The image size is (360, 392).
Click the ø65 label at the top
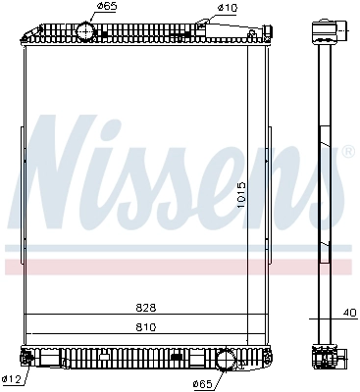107,6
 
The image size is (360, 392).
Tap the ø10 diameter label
228,8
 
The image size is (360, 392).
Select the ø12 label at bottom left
11,379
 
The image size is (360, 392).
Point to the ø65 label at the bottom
202,384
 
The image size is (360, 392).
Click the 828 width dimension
146,308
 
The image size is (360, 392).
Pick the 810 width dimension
146,326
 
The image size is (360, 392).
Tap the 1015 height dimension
241,195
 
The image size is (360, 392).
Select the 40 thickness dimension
349,313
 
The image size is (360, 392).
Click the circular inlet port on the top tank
85,30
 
